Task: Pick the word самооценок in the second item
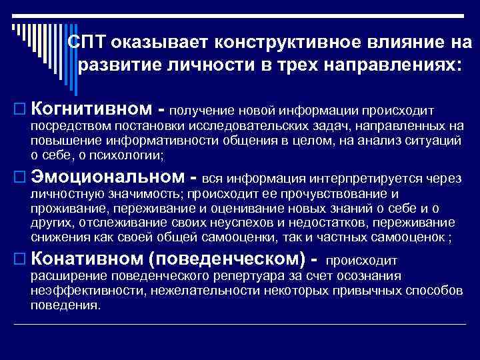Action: coord(402,239)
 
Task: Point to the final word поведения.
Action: coord(65,305)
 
